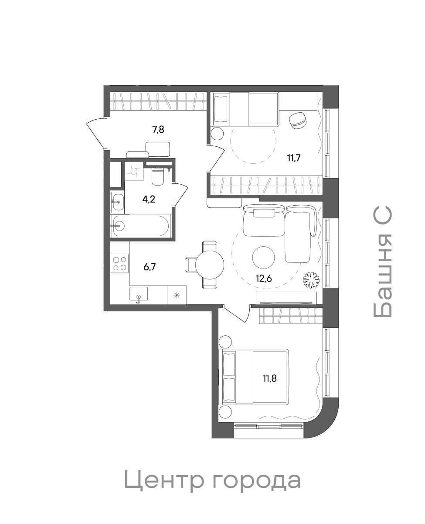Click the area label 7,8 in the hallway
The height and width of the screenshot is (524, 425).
[158, 129]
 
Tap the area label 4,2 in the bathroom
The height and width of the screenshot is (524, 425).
[149, 199]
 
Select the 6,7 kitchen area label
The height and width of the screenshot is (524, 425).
[150, 267]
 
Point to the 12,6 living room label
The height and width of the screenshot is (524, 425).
[264, 279]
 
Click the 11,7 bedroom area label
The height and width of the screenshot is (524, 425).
[294, 158]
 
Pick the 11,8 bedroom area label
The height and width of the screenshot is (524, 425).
[270, 378]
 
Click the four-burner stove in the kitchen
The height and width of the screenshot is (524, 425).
[119, 263]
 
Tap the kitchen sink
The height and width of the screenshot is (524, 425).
[139, 294]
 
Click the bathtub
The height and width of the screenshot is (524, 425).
[140, 226]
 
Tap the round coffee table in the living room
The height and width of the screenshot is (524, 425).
[263, 258]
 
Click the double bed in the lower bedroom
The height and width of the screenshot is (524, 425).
[255, 377]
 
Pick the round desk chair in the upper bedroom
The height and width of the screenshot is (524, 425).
[298, 120]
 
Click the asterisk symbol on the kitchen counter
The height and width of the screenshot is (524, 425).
[177, 295]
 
